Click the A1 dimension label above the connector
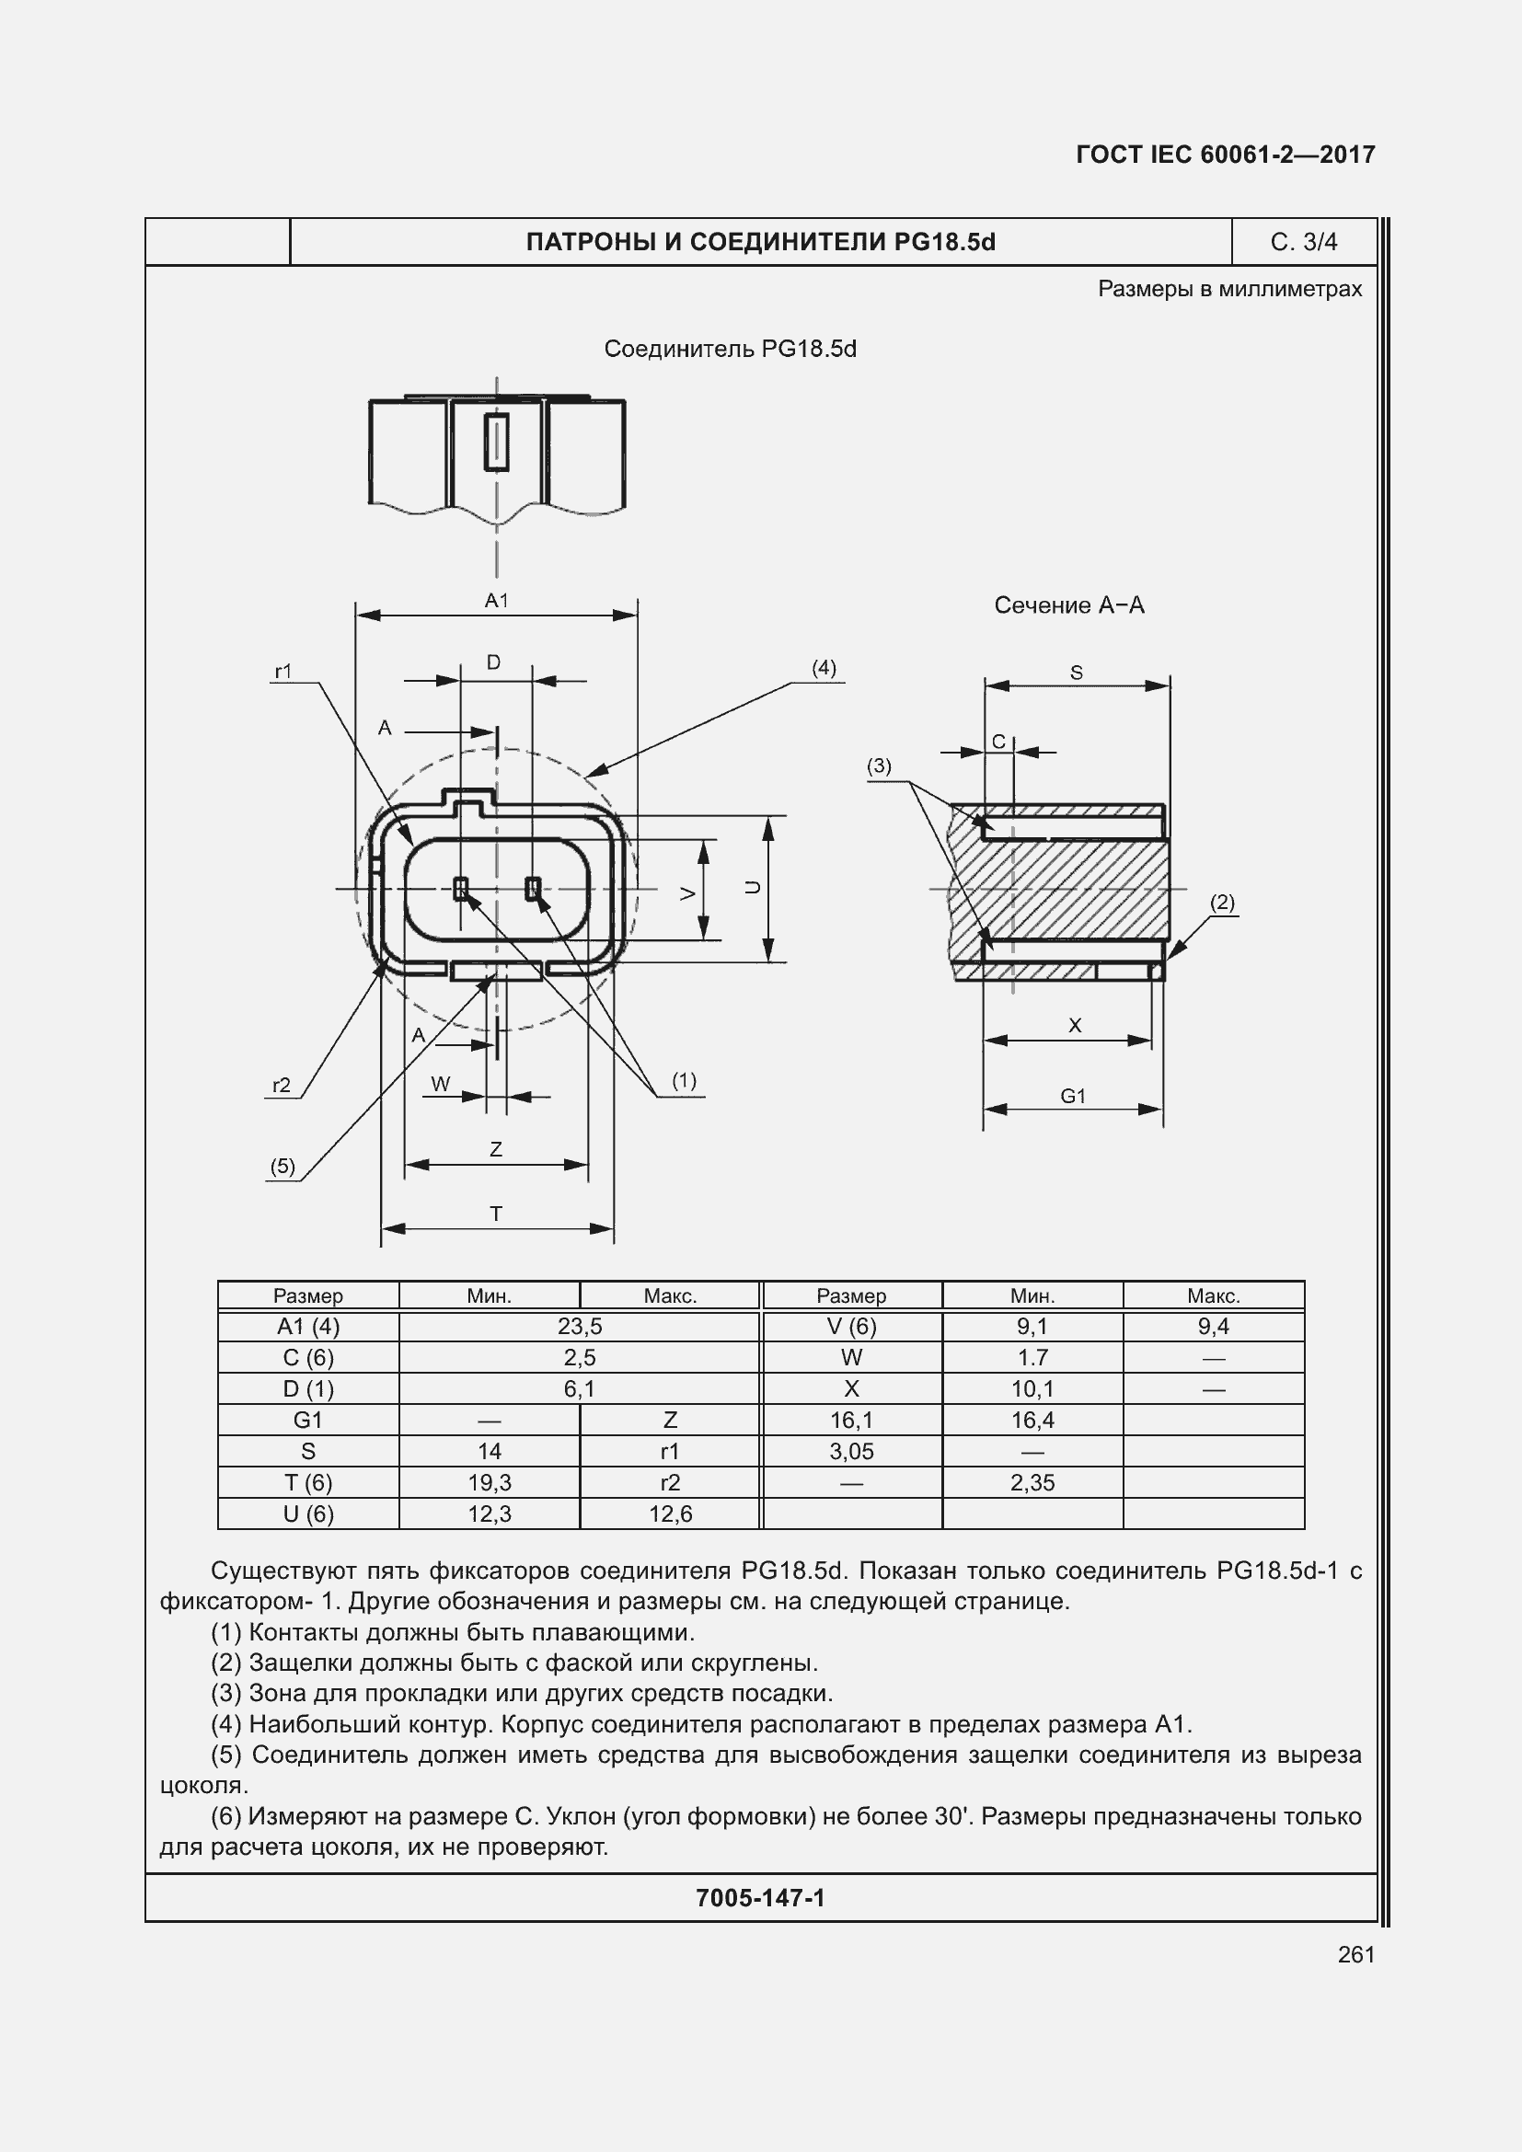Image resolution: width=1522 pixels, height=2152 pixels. (x=496, y=601)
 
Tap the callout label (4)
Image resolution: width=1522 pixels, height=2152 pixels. (x=823, y=667)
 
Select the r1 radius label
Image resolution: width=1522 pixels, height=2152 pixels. (x=283, y=671)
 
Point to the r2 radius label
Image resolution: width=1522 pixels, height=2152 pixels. (x=282, y=1085)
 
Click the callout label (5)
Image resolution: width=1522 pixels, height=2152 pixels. (x=283, y=1166)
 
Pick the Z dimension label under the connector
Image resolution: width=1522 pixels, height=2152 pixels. (x=496, y=1149)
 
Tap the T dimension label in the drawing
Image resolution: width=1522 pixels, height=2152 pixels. (x=496, y=1214)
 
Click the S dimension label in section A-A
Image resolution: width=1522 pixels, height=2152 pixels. (x=1076, y=672)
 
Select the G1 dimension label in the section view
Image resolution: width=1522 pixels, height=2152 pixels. (x=1073, y=1096)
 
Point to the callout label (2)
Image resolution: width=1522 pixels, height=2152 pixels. (x=1222, y=902)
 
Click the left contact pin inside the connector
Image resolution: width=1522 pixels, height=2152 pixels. (x=460, y=888)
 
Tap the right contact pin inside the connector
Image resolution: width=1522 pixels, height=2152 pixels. (x=532, y=888)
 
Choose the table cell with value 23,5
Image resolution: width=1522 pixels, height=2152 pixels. (x=579, y=1327)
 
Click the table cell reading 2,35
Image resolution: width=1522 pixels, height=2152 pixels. (x=1032, y=1482)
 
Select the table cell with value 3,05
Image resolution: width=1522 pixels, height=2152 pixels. (x=851, y=1451)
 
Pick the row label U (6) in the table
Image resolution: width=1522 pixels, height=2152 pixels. (x=307, y=1513)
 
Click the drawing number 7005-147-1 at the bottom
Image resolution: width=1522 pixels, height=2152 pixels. (x=760, y=1898)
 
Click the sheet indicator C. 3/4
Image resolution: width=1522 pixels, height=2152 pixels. (x=1303, y=242)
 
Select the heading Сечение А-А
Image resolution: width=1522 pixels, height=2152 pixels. (x=1068, y=605)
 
